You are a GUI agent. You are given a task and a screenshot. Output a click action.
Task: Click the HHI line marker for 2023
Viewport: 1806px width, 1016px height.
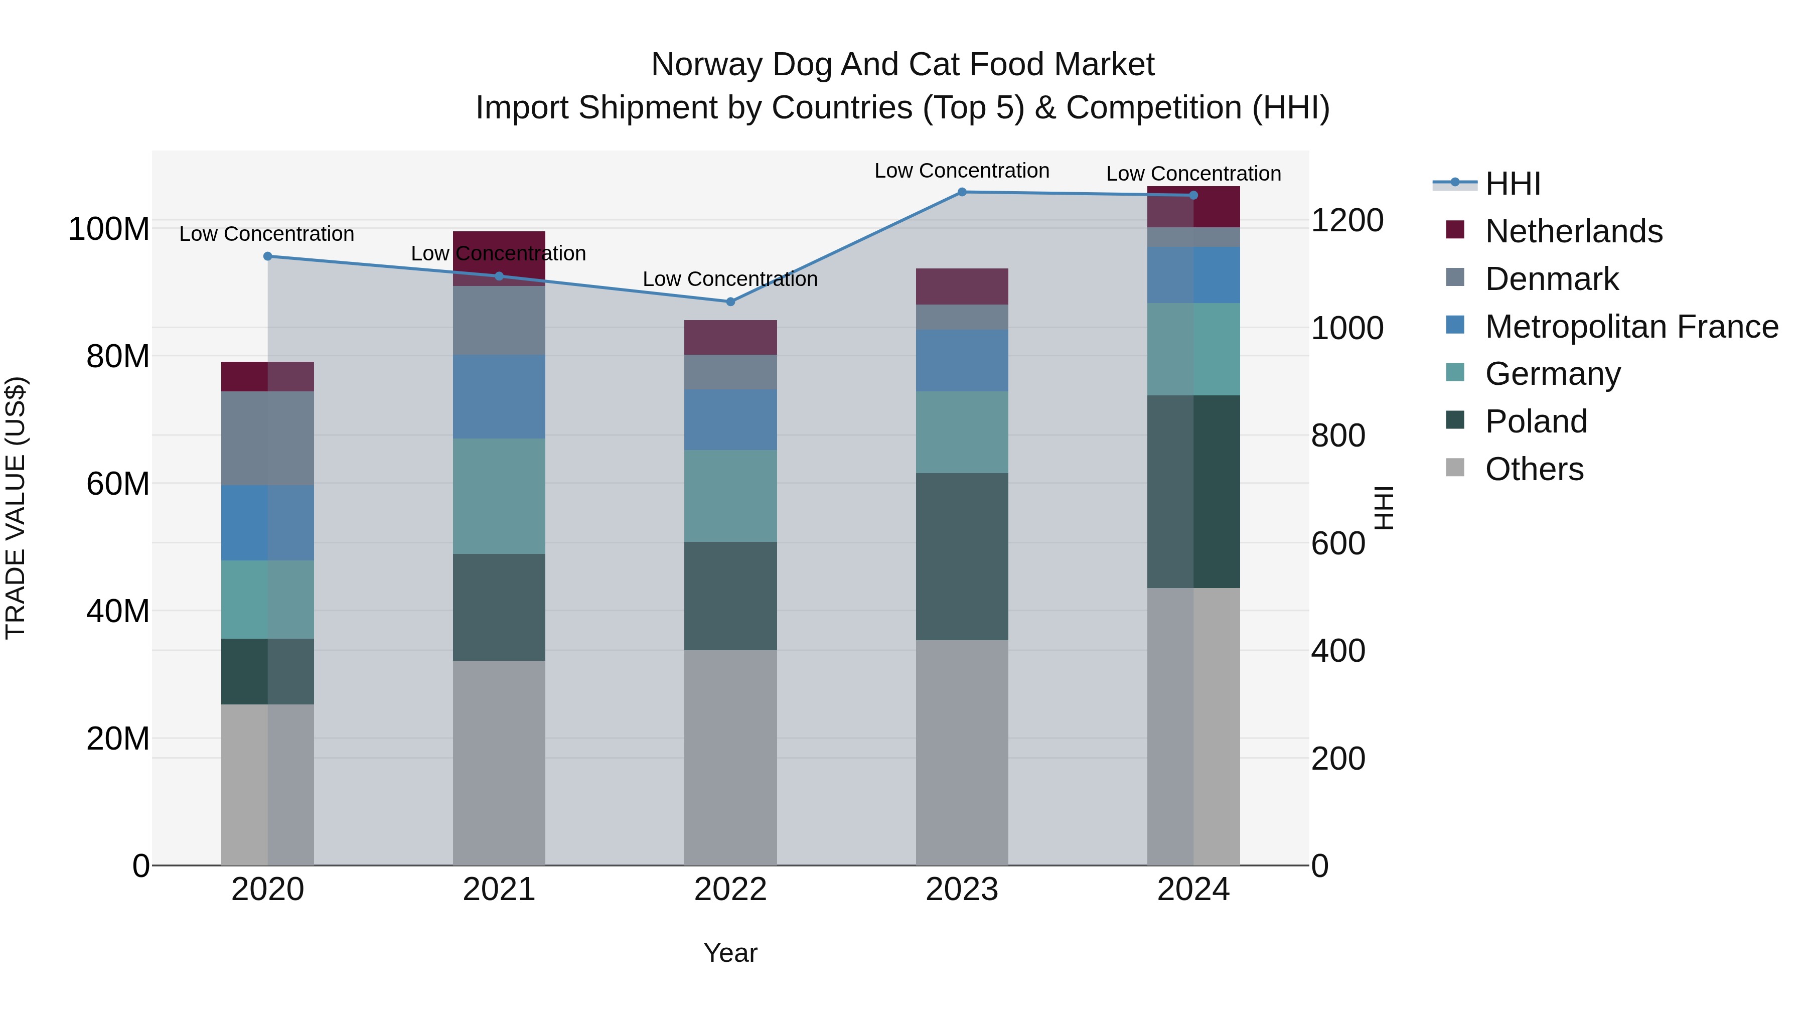point(962,192)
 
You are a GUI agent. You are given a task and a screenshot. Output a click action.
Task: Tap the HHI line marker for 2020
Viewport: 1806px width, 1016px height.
point(267,256)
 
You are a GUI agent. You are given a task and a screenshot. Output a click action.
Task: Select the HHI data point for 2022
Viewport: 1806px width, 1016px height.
point(730,302)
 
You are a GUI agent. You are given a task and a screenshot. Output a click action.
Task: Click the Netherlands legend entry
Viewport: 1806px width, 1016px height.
point(1573,231)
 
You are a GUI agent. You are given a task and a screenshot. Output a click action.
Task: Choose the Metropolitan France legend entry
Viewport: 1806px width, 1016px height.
point(1631,327)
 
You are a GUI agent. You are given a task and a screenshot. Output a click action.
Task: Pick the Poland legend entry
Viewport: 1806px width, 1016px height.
point(1536,421)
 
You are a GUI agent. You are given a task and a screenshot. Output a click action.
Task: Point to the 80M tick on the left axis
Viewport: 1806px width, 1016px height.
point(117,356)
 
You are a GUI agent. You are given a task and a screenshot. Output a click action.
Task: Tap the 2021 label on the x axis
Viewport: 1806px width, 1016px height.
point(499,890)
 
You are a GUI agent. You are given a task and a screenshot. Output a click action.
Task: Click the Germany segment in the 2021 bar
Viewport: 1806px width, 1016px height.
point(499,496)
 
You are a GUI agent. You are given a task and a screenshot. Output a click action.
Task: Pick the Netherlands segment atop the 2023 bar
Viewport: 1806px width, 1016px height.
point(962,286)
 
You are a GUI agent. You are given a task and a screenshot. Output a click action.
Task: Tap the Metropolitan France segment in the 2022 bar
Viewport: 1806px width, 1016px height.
point(730,420)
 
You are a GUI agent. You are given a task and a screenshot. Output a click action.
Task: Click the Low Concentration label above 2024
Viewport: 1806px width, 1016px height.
point(1193,174)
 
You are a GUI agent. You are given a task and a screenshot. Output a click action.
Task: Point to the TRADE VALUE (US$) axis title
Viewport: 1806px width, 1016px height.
point(16,508)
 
